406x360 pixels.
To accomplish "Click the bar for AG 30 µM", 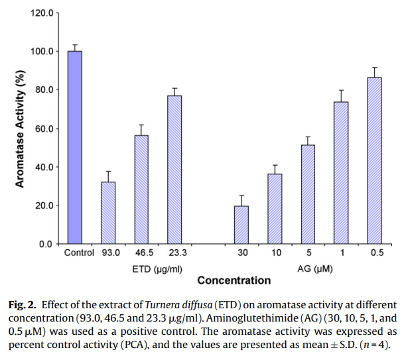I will pyautogui.click(x=241, y=225).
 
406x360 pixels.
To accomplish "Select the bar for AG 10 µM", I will pyautogui.click(x=275, y=208).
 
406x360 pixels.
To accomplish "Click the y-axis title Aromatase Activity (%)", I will pyautogui.click(x=21, y=129).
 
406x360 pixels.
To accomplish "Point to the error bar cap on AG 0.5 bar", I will pyautogui.click(x=374, y=68).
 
